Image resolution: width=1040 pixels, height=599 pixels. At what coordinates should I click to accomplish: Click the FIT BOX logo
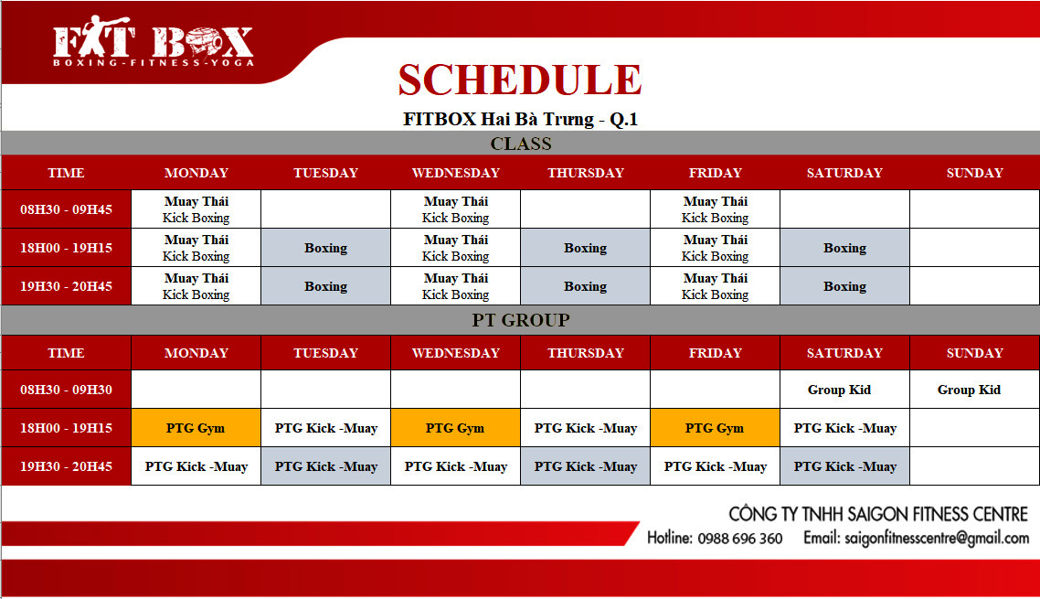tap(154, 42)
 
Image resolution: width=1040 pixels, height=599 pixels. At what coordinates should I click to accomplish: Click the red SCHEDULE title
tap(520, 80)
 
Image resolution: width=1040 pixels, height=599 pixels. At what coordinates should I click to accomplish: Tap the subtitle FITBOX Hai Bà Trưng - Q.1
tap(520, 120)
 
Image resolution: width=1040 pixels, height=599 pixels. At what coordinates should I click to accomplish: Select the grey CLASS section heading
tap(521, 144)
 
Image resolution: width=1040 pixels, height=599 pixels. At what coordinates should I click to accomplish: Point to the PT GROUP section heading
tap(521, 320)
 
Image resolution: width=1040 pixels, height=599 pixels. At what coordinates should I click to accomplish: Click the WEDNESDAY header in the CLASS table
tap(456, 173)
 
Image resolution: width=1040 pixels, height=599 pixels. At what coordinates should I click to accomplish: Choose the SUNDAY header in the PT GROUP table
tap(974, 353)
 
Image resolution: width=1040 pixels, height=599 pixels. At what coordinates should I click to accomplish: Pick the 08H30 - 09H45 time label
tap(67, 209)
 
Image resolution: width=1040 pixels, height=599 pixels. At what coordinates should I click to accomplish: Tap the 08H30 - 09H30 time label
tap(67, 390)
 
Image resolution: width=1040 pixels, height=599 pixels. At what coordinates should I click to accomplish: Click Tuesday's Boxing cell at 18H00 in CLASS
tap(325, 248)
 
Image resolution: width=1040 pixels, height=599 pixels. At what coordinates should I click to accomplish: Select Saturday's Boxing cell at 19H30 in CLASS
tap(844, 286)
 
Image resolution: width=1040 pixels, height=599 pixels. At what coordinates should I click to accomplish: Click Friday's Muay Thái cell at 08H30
tap(715, 209)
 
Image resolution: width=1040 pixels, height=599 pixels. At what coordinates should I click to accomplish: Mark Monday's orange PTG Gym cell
tap(196, 428)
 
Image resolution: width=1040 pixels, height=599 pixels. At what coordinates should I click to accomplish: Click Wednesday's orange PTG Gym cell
tap(456, 428)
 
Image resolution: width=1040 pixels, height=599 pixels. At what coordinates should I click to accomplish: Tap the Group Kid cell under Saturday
tap(844, 390)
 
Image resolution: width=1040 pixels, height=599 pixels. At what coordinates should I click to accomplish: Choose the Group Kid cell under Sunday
tap(974, 390)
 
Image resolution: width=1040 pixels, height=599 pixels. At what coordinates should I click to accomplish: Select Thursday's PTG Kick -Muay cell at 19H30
tap(585, 466)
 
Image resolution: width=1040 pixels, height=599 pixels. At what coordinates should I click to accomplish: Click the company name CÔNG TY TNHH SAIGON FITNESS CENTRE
tap(878, 514)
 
